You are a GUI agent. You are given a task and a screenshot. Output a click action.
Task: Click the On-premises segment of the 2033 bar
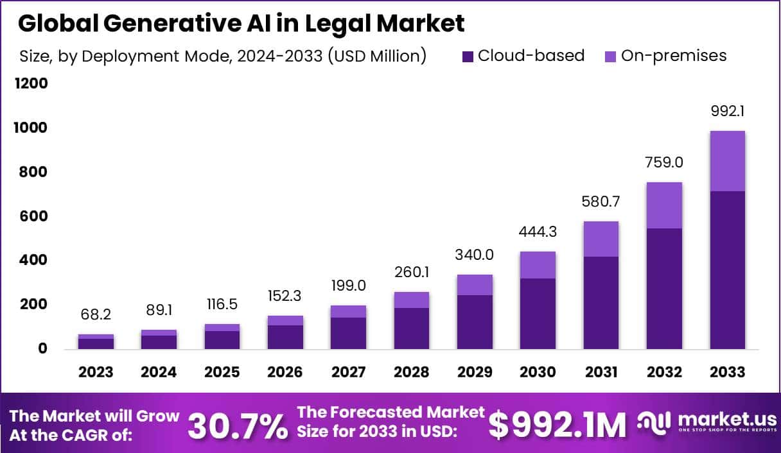[727, 160]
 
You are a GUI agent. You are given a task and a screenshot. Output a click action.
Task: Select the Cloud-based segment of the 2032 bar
[664, 289]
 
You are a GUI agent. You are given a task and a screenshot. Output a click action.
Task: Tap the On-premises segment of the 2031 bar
[601, 239]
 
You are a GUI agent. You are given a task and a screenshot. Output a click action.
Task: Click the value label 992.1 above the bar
[727, 112]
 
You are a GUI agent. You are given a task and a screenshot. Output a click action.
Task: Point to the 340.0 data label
[475, 255]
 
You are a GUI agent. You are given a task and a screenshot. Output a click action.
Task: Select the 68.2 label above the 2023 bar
[96, 315]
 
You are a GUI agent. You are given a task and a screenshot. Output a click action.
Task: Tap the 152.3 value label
[285, 296]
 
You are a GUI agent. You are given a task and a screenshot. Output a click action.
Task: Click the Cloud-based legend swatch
[467, 56]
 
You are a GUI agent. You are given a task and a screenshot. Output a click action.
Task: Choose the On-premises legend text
[674, 56]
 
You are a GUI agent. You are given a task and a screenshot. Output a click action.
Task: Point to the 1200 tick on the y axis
[32, 83]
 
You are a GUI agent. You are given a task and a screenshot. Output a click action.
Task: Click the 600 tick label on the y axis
[32, 216]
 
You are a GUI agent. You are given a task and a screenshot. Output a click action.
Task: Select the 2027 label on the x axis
[349, 372]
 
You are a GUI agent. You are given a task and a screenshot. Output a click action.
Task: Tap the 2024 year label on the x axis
[159, 372]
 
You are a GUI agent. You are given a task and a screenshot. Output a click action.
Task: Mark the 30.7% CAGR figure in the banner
[238, 425]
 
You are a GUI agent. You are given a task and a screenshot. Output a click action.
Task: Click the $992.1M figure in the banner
[557, 425]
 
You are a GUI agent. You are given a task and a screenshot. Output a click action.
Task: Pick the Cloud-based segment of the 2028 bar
[412, 328]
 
